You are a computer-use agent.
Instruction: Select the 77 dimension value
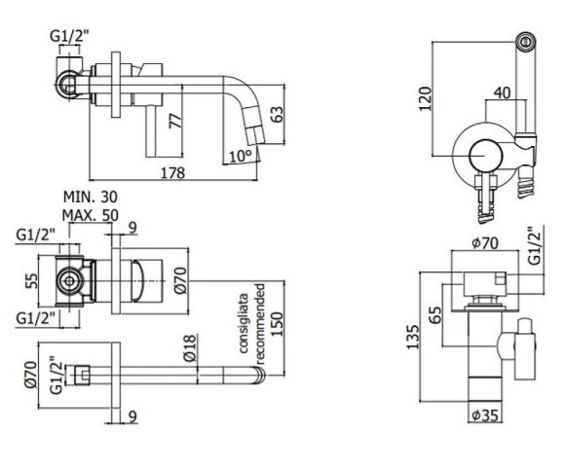click(x=175, y=122)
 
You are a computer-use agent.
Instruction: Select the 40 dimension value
click(x=503, y=92)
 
